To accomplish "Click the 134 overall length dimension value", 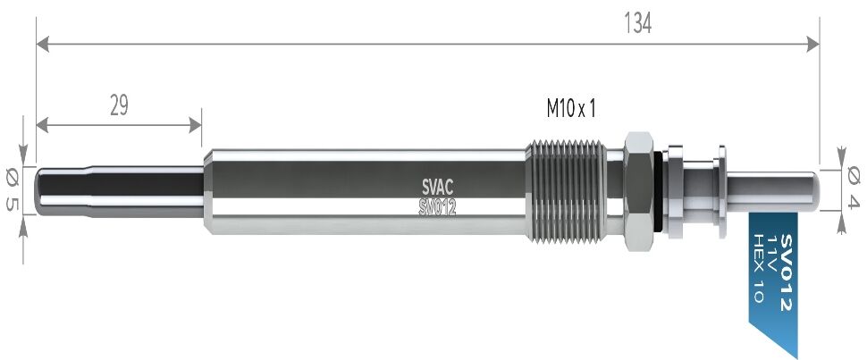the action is pyautogui.click(x=637, y=23).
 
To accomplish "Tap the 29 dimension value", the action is pyautogui.click(x=119, y=105).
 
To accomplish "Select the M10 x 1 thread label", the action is pyautogui.click(x=571, y=109).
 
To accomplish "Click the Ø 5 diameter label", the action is pyautogui.click(x=12, y=190).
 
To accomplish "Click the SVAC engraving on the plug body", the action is pyautogui.click(x=437, y=188).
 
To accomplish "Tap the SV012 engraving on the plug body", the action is pyautogui.click(x=437, y=207).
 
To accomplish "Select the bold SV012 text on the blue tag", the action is pyautogui.click(x=786, y=272).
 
